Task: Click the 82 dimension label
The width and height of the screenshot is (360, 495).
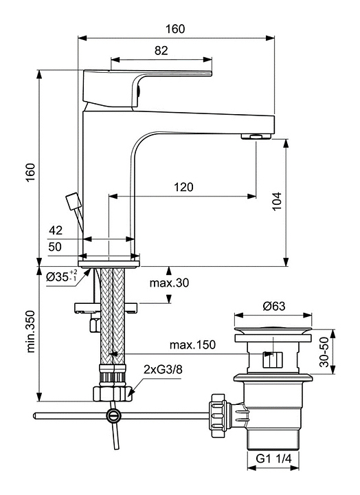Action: click(161, 50)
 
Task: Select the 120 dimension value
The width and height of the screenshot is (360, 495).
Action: click(183, 187)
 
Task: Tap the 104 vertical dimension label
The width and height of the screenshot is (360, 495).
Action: click(277, 201)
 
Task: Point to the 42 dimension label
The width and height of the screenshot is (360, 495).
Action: click(56, 230)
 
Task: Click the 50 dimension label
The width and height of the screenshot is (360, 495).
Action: click(55, 247)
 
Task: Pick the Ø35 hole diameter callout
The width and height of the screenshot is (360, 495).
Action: click(61, 276)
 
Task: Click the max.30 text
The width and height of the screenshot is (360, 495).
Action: click(169, 283)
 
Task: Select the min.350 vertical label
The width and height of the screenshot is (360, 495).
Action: click(31, 331)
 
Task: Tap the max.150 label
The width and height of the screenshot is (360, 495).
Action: click(192, 344)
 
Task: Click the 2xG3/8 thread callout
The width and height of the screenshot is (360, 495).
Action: click(163, 369)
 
